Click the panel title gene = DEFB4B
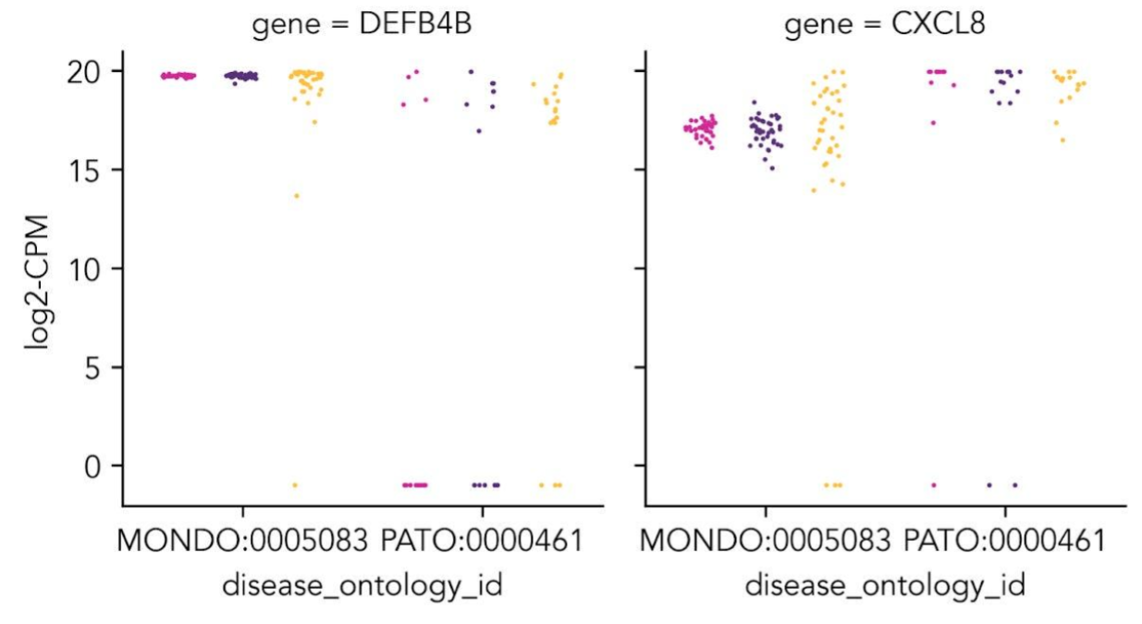pyautogui.click(x=362, y=25)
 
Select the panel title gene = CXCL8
pyautogui.click(x=884, y=25)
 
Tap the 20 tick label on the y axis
pyautogui.click(x=86, y=72)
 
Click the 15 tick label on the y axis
pyautogui.click(x=86, y=170)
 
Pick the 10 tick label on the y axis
pyautogui.click(x=86, y=269)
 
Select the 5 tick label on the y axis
pyautogui.click(x=93, y=368)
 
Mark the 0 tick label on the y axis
pyautogui.click(x=93, y=466)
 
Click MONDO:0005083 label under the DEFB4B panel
pyautogui.click(x=242, y=540)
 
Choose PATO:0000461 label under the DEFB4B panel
pyautogui.click(x=482, y=540)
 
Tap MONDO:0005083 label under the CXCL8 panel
pyautogui.click(x=765, y=540)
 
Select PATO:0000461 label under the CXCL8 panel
pyautogui.click(x=1004, y=540)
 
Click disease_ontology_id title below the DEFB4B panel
pyautogui.click(x=362, y=585)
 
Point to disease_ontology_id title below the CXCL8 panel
pyautogui.click(x=884, y=585)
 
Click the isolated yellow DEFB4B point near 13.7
pyautogui.click(x=296, y=195)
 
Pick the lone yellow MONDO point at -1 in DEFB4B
pyautogui.click(x=295, y=484)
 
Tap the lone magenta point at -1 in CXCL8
pyautogui.click(x=933, y=484)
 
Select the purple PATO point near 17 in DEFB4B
pyautogui.click(x=478, y=131)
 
